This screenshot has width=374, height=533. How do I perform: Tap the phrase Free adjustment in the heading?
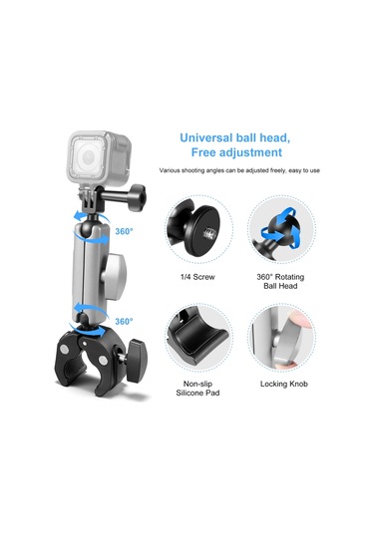[231, 153]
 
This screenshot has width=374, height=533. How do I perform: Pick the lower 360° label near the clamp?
[124, 322]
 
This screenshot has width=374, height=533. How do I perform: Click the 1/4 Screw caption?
[194, 276]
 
